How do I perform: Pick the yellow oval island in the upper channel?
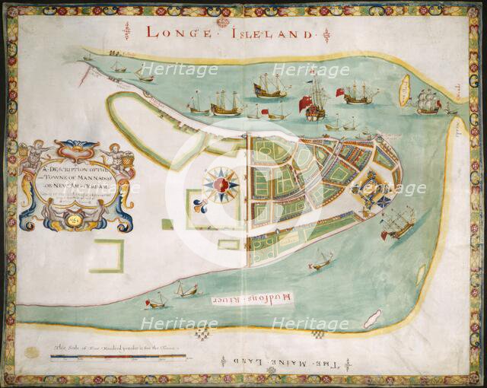(x=404, y=91)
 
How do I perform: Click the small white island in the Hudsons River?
(x=371, y=320)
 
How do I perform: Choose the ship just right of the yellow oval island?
(x=429, y=102)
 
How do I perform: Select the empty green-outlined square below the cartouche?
(x=106, y=256)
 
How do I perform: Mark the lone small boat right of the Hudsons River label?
(x=320, y=263)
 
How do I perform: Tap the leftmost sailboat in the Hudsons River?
(x=156, y=301)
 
